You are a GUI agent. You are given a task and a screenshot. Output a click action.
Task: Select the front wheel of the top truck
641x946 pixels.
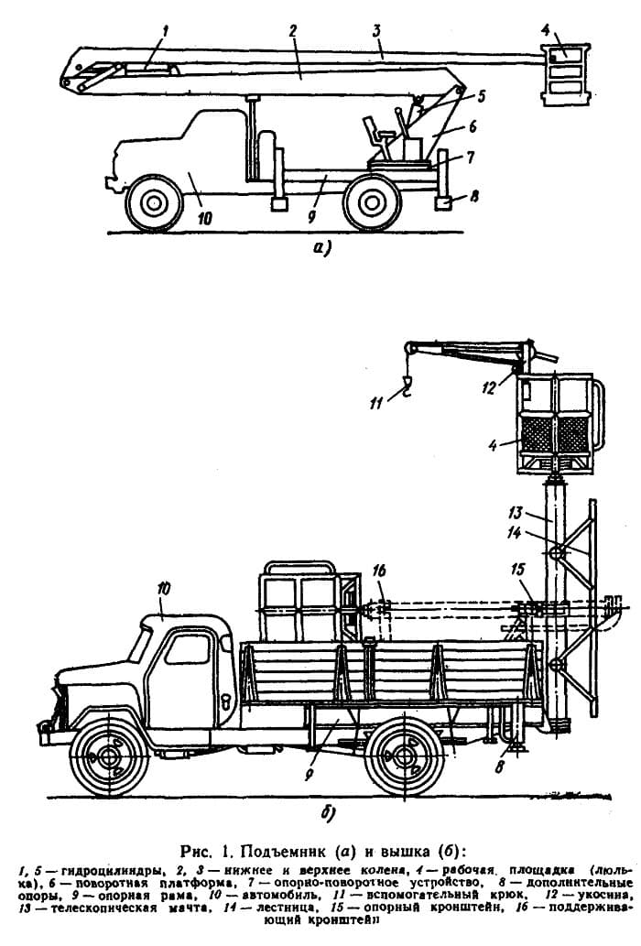point(153,201)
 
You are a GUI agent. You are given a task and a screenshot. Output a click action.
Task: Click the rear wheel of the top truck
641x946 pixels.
point(372,201)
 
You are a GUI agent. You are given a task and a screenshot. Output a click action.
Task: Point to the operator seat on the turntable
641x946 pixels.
point(376,135)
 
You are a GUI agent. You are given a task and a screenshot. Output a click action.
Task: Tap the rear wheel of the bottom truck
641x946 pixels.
point(406,759)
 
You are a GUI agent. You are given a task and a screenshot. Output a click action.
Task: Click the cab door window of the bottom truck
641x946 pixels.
point(187,650)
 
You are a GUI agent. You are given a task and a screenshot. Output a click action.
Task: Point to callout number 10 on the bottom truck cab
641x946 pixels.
point(163,593)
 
